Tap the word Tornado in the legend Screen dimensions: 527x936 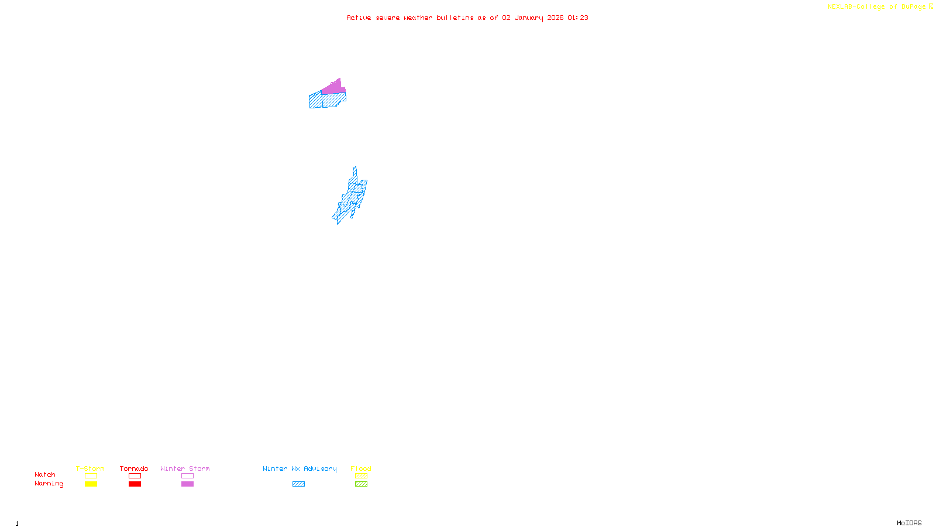[134, 468]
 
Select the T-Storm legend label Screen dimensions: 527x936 [90, 468]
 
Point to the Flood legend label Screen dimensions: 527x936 [361, 468]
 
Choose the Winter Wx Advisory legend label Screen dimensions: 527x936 [300, 468]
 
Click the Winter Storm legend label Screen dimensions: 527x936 [185, 468]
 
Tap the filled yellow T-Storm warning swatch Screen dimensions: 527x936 [91, 484]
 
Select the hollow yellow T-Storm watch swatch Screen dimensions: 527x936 [91, 476]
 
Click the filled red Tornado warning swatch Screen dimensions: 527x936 [135, 484]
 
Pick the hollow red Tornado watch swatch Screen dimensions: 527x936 [135, 476]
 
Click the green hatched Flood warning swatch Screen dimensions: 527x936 [361, 484]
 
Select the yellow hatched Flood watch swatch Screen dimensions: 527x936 [361, 476]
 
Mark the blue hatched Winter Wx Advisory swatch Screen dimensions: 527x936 [298, 484]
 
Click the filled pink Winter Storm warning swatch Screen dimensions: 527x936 [187, 484]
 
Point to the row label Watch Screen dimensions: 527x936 [45, 474]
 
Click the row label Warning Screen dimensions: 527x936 [49, 484]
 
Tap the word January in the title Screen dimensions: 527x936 [529, 18]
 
